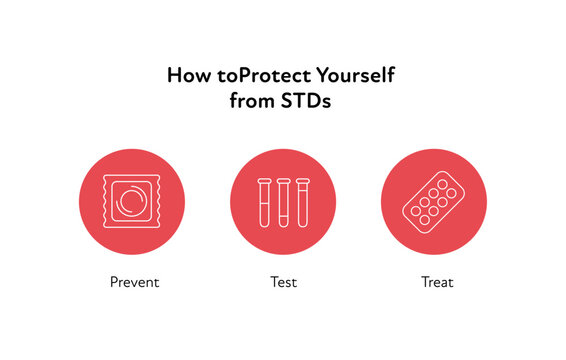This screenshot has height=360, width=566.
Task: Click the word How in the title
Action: pos(186,76)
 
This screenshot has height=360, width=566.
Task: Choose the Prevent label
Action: pos(134,282)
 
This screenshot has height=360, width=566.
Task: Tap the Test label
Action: pos(283,282)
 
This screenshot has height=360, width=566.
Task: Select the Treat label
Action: pos(437,282)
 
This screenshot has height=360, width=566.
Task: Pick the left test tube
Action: pos(265,202)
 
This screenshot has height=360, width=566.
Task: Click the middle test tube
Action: pos(283,202)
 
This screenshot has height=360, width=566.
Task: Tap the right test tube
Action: pos(301,202)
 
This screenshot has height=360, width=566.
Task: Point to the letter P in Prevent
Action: pos(115,282)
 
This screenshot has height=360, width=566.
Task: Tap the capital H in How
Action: pos(174,76)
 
